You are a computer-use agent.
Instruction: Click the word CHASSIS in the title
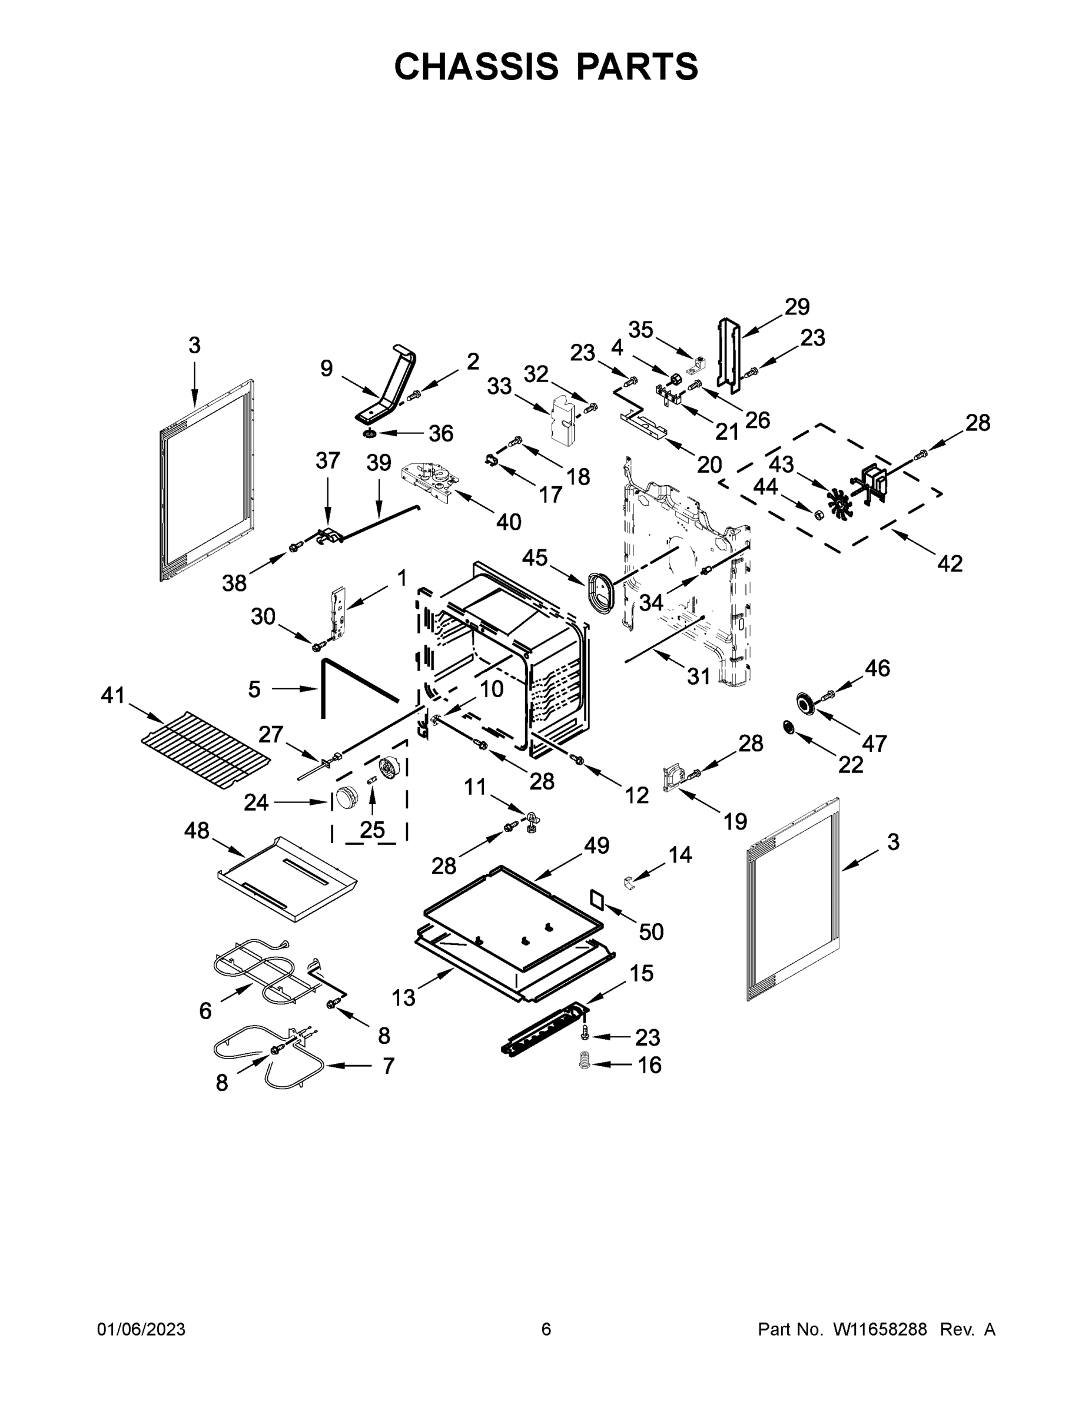click(x=476, y=66)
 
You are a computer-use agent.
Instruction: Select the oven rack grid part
click(x=205, y=751)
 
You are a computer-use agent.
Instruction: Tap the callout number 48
click(x=197, y=830)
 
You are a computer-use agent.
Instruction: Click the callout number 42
click(x=950, y=563)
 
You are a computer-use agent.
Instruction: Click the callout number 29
click(x=797, y=306)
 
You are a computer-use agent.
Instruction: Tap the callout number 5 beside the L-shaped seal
click(x=254, y=689)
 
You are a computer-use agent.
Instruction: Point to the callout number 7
click(x=388, y=1066)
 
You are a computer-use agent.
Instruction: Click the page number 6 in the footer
click(x=546, y=1329)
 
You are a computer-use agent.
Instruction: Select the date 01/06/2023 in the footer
click(x=141, y=1329)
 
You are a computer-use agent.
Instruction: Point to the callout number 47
click(x=874, y=744)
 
